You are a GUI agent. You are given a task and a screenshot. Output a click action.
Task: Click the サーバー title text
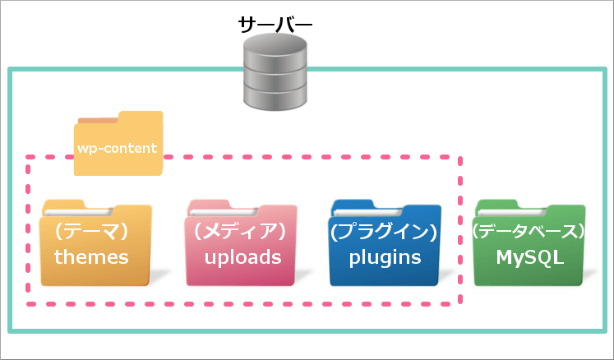(275, 25)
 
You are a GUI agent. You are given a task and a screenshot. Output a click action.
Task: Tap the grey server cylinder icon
(275, 72)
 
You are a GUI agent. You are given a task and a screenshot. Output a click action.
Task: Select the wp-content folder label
(117, 148)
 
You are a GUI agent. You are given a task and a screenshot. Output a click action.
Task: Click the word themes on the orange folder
(91, 257)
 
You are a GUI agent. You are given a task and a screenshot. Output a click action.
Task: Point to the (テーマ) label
(91, 232)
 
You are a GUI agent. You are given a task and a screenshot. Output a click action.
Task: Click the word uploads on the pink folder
(242, 258)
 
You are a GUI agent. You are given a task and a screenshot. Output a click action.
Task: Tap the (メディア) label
(240, 232)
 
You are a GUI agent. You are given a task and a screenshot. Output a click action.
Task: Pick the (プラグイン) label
(384, 232)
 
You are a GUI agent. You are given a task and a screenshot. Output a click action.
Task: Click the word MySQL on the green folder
(530, 258)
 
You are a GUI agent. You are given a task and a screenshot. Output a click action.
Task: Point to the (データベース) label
(529, 232)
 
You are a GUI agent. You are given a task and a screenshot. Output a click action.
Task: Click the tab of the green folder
(497, 205)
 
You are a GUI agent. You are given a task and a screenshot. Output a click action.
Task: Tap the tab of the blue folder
(353, 205)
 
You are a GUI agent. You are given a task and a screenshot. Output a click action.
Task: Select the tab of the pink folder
(209, 205)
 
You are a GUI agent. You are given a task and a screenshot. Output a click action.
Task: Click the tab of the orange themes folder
(64, 205)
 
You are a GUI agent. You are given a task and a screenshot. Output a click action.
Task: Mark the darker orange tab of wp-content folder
(98, 121)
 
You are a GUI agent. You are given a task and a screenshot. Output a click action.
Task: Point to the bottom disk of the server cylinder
(275, 97)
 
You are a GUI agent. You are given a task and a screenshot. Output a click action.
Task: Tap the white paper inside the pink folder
(224, 212)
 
